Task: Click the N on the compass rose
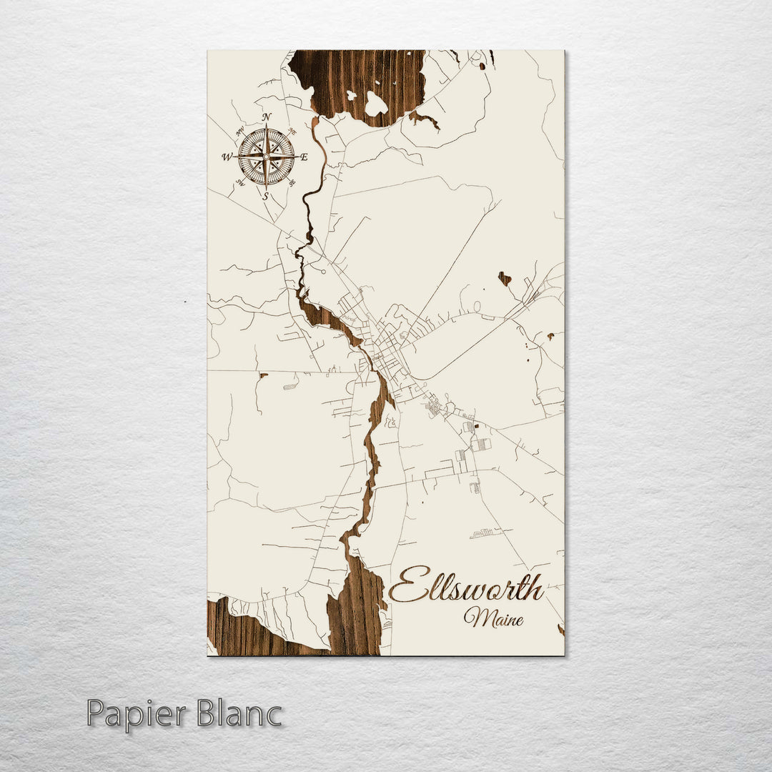(267, 117)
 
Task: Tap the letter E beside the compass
(304, 157)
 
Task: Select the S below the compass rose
(266, 196)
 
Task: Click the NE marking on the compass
(291, 132)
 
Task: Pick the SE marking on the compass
(292, 182)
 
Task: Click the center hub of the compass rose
(266, 156)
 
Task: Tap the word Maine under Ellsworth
(493, 617)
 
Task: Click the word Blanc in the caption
(239, 715)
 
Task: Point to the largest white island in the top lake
(375, 104)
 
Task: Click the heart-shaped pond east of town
(505, 278)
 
